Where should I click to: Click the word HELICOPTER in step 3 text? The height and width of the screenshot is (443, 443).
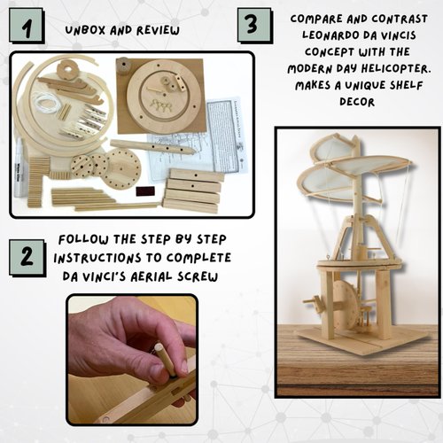pyautogui.click(x=385, y=70)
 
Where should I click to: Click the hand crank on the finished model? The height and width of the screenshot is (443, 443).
pyautogui.click(x=311, y=307)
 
